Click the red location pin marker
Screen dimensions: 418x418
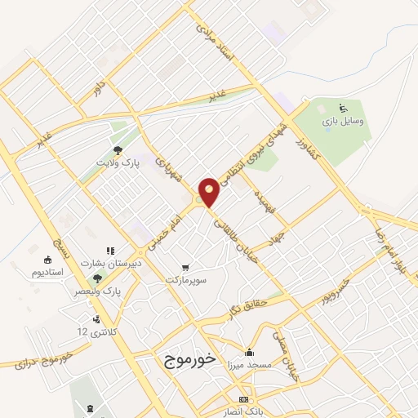210,191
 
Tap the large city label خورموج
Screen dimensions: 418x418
188,359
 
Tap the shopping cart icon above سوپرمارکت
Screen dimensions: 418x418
187,267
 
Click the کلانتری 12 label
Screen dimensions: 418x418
91,331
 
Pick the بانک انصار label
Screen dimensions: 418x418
242,411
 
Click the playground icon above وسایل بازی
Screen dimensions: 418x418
343,107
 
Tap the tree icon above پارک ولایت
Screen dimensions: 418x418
119,150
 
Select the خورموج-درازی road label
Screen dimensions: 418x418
42,360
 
